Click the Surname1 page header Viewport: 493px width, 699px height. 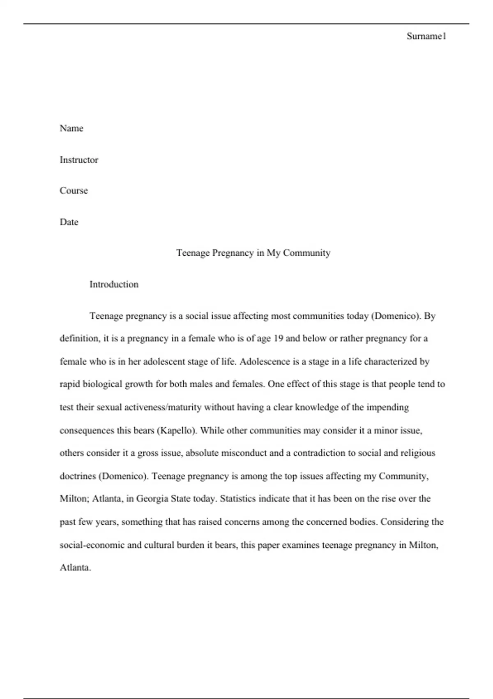point(426,36)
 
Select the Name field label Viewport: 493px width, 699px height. point(71,128)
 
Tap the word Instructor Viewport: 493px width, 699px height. point(79,160)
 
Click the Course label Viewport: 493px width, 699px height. point(74,191)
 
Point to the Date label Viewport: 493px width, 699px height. point(69,222)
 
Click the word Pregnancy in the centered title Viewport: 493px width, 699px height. point(233,253)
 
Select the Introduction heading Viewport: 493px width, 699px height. point(114,285)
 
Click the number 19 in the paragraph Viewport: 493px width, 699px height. point(278,338)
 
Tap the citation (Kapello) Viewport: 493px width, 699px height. point(177,431)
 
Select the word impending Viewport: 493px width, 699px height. point(387,407)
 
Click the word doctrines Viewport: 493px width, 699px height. point(78,476)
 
